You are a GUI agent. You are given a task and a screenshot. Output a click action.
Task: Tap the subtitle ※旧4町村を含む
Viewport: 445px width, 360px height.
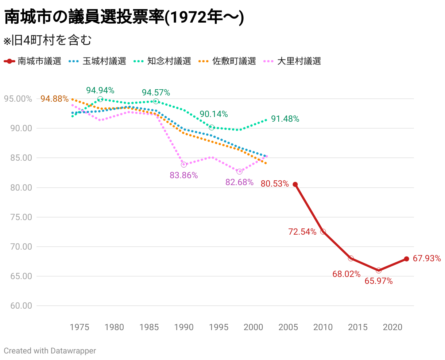tap(47, 40)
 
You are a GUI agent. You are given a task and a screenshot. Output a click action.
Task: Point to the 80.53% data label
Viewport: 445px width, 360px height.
tap(275, 184)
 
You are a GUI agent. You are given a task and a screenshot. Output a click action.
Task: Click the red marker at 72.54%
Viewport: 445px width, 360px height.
tap(323, 232)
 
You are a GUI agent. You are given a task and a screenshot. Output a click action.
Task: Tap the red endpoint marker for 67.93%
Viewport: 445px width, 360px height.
tap(406, 259)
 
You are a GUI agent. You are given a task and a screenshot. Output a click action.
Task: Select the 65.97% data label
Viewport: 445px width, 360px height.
tap(379, 281)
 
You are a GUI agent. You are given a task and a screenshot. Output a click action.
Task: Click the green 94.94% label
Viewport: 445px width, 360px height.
tap(100, 90)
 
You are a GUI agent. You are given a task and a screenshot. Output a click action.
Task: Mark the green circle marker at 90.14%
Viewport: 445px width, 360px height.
tap(212, 127)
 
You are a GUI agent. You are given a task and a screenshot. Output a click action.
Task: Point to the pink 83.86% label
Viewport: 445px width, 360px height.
tap(183, 175)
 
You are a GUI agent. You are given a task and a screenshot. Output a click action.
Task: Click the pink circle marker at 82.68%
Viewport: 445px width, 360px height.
tap(239, 172)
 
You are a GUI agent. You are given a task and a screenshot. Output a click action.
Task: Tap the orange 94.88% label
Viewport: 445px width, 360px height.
tap(54, 98)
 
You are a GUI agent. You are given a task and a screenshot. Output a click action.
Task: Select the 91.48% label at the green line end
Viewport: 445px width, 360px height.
tap(285, 119)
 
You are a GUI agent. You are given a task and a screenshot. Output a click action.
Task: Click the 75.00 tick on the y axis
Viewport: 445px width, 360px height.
tap(21, 217)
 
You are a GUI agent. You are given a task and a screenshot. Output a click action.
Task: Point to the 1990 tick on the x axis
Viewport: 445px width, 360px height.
tap(184, 327)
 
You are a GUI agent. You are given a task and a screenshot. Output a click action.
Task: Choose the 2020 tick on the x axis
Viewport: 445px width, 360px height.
tap(392, 327)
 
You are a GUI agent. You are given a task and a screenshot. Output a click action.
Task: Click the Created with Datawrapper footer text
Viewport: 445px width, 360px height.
tap(50, 351)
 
